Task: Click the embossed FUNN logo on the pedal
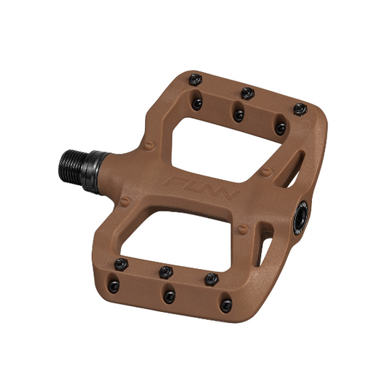click(201, 187)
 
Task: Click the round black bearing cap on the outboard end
click(301, 218)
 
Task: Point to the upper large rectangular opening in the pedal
click(225, 150)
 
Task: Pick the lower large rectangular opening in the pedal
click(179, 240)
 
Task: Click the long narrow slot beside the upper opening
click(291, 169)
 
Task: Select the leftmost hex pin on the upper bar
click(195, 80)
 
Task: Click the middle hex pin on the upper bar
click(248, 93)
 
